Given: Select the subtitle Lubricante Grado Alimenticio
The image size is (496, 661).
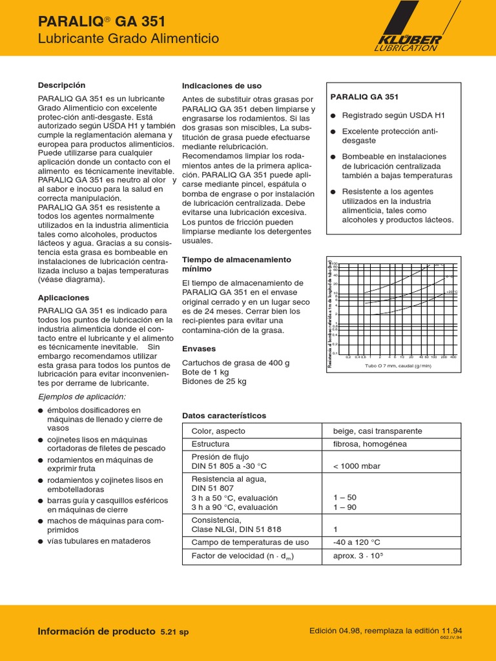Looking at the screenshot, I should [x=129, y=39].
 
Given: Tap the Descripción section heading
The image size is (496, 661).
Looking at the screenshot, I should [x=61, y=85].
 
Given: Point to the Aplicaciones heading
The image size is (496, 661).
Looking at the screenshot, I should [x=63, y=298].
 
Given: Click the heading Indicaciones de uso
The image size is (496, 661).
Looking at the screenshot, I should [x=222, y=85].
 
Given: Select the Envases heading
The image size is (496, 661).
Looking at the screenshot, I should [x=199, y=349].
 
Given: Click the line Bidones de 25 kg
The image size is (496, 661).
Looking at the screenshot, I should [x=214, y=381].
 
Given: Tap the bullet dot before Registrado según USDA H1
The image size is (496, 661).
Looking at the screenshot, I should [x=333, y=116].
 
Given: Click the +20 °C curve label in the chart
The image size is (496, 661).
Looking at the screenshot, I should [x=451, y=292].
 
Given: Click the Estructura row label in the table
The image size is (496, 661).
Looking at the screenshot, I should [x=210, y=444].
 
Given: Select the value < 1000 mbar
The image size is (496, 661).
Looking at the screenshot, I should [x=356, y=466].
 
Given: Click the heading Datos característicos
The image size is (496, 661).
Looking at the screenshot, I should [x=223, y=416].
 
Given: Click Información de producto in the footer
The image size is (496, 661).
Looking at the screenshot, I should [x=97, y=631].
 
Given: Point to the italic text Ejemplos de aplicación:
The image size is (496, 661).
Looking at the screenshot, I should [x=82, y=396].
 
